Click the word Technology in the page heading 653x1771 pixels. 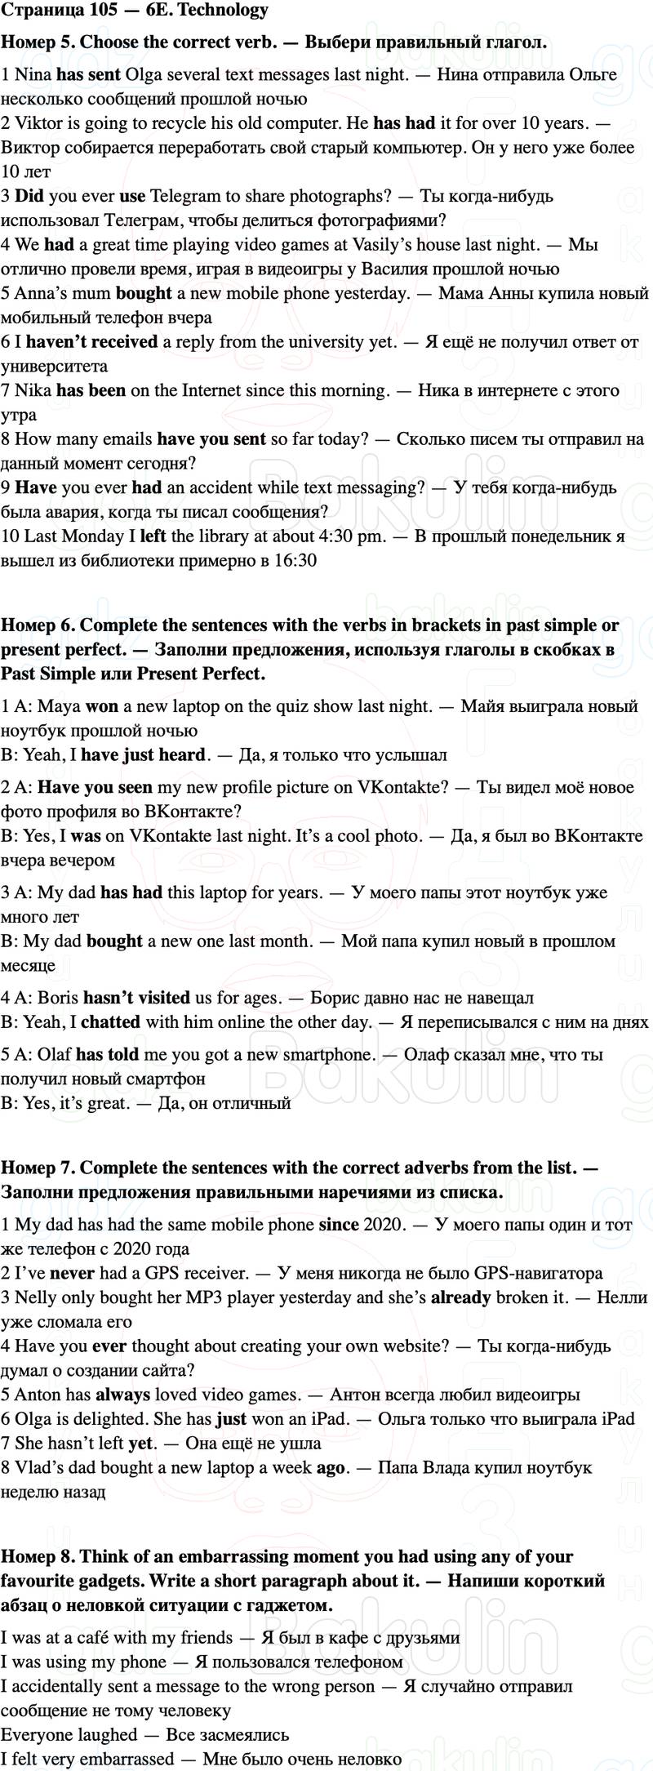pyautogui.click(x=228, y=10)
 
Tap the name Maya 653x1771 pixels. pyautogui.click(x=59, y=706)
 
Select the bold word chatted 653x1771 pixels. pyautogui.click(x=110, y=1022)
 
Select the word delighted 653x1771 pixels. pyautogui.click(x=98, y=1419)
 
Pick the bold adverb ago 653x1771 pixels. pyautogui.click(x=331, y=1468)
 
